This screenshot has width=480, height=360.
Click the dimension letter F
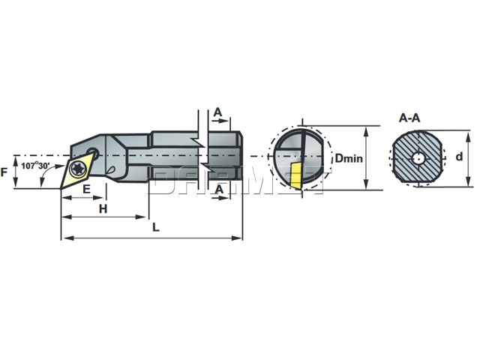[x=7, y=172]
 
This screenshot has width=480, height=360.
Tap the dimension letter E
[x=86, y=190]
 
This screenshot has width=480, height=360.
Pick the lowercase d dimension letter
[x=460, y=157]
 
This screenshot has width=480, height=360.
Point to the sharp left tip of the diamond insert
[x=61, y=183]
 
